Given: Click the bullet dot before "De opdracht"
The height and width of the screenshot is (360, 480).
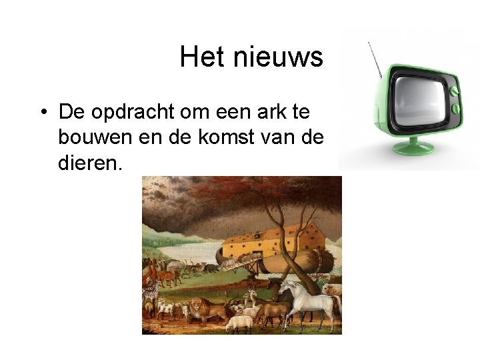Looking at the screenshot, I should [42, 111].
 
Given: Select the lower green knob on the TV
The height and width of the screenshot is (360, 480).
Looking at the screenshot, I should [455, 107].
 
